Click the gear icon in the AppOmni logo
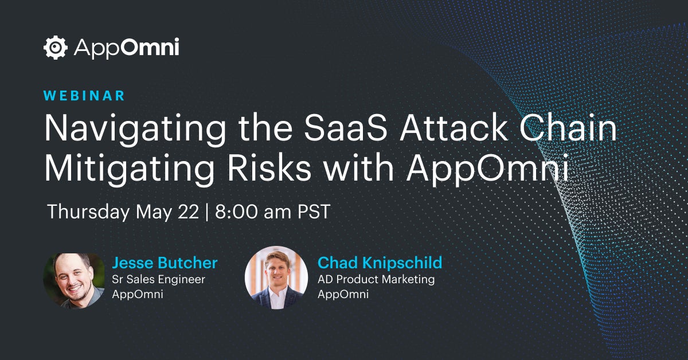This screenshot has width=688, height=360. coord(55,48)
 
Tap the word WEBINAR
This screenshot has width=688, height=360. coord(84,96)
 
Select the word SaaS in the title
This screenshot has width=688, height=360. coord(346,128)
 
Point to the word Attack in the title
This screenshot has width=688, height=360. coord(454,128)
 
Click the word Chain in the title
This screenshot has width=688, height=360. coord(568,128)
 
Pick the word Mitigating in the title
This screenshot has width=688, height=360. coord(130,170)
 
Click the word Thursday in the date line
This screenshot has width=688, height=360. coord(88,212)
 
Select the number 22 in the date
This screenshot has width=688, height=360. coord(188,212)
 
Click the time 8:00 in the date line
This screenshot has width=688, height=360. coord(236,212)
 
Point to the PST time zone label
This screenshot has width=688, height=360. coord(314,212)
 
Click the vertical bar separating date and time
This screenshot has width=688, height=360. coord(207,212)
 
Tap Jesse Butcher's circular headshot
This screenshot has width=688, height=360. coord(74,281)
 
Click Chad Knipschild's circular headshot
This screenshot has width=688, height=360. coord(276,277)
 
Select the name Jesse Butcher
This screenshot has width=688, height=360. coord(165,263)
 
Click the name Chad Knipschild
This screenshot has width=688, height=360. coord(380,263)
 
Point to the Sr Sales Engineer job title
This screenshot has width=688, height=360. coord(158,280)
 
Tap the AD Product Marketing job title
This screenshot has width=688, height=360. coord(376,280)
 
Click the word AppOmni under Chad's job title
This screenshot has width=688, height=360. coord(343,295)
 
